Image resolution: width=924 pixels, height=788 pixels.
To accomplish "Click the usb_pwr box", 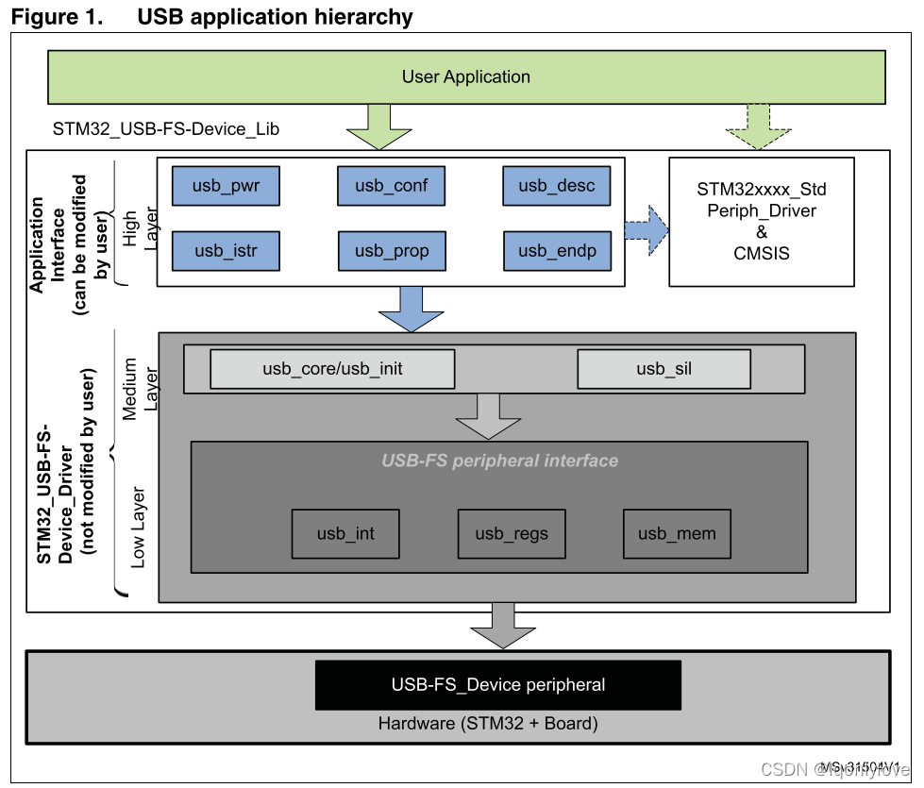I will point(227,186).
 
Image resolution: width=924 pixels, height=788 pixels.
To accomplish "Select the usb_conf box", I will point(391,186).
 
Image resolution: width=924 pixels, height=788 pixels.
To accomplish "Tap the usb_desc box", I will point(557,186).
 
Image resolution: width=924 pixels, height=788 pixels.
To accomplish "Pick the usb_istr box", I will point(227,251).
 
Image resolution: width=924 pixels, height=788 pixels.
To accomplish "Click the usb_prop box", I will point(391,251).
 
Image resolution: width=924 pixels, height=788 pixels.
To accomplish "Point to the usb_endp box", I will point(557,251).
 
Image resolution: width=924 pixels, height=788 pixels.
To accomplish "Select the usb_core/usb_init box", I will point(332,369).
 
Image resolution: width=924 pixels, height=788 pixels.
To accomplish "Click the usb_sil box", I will point(664,369).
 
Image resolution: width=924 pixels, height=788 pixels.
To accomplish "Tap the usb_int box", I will point(345,534).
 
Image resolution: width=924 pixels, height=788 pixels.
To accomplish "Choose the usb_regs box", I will point(512,534).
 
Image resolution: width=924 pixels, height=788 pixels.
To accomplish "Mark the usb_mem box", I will point(677,534).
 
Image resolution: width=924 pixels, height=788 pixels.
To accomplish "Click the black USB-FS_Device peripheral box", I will point(498,684).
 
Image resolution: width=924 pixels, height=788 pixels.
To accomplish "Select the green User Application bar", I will point(466,77).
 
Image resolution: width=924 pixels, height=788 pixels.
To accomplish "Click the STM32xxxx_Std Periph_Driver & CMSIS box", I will point(762,222).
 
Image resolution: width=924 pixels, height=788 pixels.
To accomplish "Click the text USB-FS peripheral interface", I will point(499,461).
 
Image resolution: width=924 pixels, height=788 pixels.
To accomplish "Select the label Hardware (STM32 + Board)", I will point(488,725).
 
